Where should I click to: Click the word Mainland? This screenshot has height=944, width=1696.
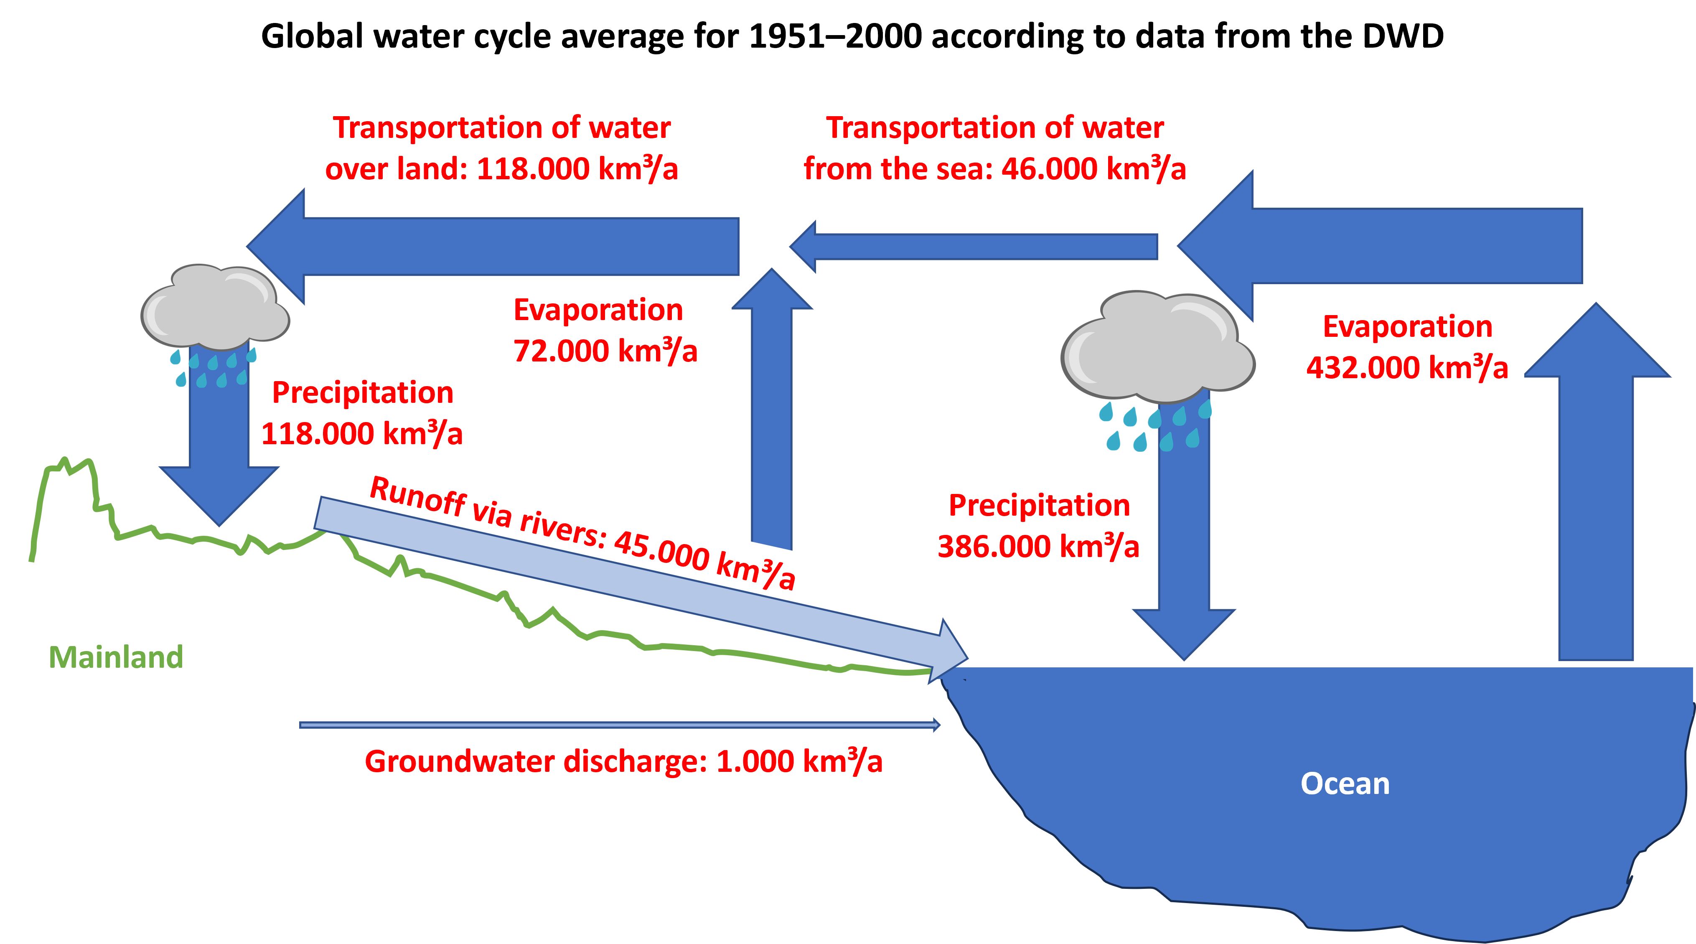click(116, 657)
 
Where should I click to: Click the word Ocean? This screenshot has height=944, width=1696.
click(1345, 784)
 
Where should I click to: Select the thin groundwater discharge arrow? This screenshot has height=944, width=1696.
click(619, 725)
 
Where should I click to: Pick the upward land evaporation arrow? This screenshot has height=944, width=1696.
click(772, 421)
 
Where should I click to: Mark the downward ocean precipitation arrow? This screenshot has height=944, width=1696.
click(1184, 560)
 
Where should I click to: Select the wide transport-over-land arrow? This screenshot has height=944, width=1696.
click(514, 246)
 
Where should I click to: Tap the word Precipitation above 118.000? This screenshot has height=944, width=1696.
click(362, 392)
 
